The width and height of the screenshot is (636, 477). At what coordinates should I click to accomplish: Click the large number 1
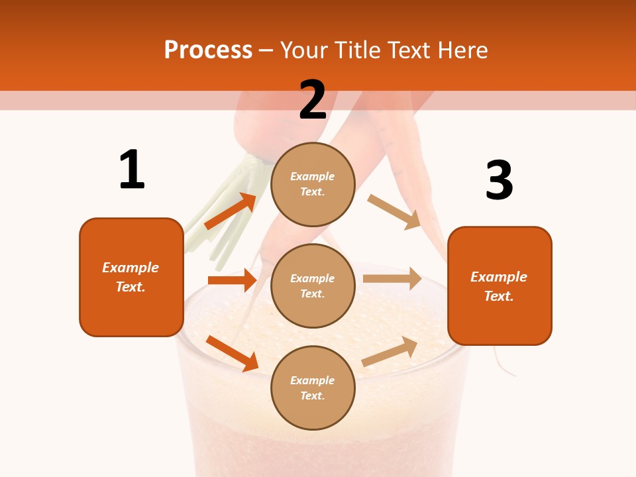coord(132,170)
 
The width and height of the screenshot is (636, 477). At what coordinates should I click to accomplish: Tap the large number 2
coord(313,99)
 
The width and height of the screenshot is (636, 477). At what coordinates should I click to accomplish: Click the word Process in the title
coord(208,50)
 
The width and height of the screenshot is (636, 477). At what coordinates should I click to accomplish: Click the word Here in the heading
coord(463,50)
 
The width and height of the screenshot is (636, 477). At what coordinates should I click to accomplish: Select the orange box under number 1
coord(131,277)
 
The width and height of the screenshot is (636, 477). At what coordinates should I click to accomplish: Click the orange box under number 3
coord(500,286)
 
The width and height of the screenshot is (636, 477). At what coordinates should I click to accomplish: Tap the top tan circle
coord(313,184)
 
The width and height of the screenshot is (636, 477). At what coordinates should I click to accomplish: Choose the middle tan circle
coord(313,286)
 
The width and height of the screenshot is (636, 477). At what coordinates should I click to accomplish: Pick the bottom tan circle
coord(313,388)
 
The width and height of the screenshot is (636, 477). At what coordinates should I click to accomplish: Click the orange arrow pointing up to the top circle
coord(231,211)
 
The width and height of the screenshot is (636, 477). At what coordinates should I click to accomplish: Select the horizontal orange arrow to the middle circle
coord(232,280)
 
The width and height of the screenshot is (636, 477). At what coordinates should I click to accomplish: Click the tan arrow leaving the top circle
coord(395,212)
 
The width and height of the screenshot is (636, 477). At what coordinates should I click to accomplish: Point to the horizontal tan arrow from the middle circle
coord(392,278)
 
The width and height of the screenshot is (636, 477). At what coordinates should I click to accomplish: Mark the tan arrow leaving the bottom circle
coord(390,351)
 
